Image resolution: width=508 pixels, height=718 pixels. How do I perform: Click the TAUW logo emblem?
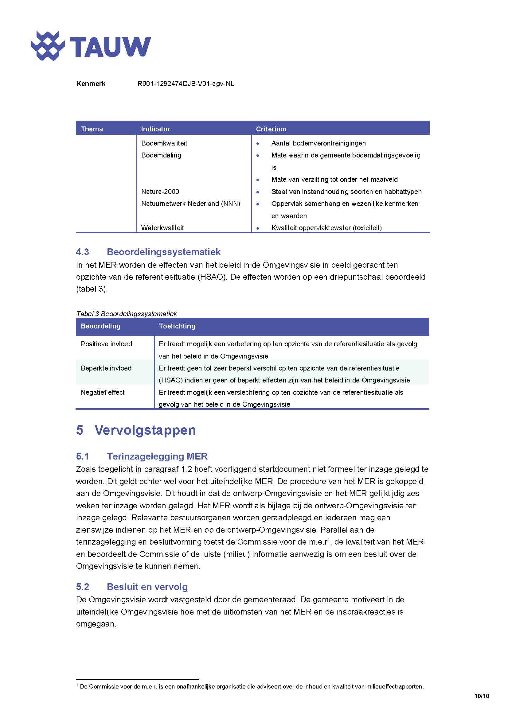[48, 46]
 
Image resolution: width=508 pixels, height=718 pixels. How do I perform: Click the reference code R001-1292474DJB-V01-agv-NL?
[186, 84]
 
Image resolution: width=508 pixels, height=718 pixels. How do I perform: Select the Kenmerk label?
[91, 84]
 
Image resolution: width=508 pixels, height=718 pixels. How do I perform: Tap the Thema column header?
[92, 129]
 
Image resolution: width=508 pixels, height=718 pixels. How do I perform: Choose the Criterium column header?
[271, 129]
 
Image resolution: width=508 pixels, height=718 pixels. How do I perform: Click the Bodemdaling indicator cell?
[161, 155]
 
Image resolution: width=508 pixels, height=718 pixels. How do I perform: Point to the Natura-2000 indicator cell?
[160, 191]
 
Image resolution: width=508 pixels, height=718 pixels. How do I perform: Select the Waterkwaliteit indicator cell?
[162, 228]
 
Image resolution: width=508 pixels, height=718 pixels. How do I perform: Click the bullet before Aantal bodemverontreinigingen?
[258, 144]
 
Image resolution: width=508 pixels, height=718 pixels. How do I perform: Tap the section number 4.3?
[83, 252]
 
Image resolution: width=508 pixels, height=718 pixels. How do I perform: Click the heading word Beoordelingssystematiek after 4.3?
[164, 252]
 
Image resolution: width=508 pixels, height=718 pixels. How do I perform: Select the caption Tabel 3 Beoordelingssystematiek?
[126, 314]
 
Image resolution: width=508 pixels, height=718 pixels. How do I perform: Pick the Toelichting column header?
[177, 326]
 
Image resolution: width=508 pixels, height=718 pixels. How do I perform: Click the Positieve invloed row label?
[106, 344]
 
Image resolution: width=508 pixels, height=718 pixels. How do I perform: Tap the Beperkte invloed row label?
[106, 368]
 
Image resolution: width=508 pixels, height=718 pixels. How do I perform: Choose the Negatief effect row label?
[103, 393]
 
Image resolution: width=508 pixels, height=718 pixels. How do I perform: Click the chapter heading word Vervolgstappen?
[145, 430]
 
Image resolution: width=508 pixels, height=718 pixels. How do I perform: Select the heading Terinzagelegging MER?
[157, 456]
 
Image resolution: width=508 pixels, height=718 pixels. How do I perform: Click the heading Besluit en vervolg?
[147, 587]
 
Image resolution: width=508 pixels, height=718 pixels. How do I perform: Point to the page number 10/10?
[481, 696]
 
